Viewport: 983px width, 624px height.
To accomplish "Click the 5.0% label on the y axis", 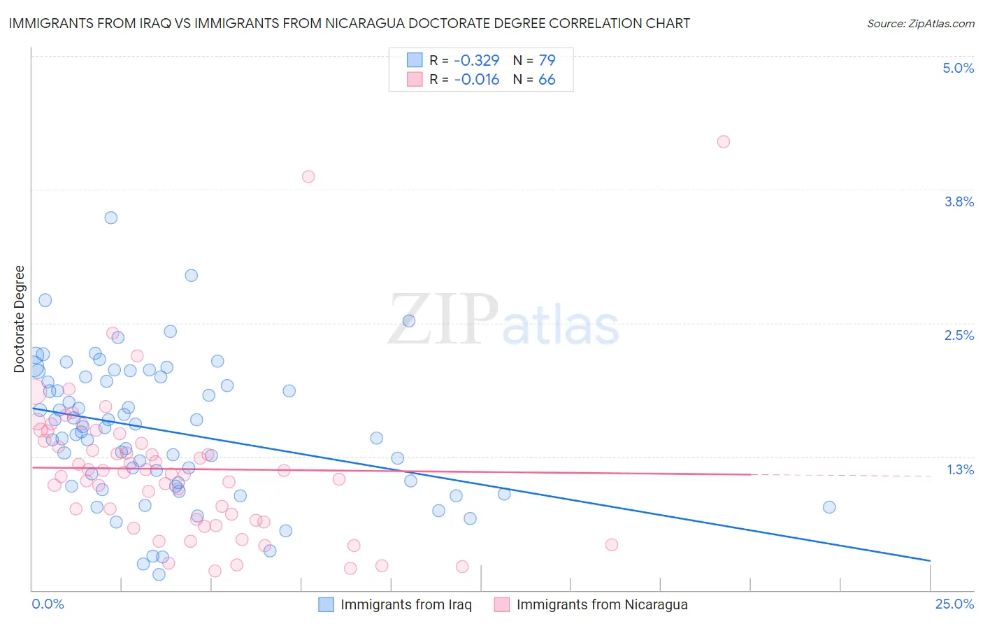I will [958, 68].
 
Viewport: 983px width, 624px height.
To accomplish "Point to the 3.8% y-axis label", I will [959, 201].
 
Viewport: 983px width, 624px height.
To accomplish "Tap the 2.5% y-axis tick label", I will [959, 335].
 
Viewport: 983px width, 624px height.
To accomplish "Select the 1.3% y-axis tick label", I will [960, 469].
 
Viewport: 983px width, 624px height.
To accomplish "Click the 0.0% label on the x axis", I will [48, 604].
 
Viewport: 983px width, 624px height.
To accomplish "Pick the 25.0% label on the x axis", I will [954, 604].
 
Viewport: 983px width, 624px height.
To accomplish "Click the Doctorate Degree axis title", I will [19, 319].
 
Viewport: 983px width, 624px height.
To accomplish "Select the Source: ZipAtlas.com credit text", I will [920, 23].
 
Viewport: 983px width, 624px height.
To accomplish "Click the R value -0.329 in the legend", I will [476, 60].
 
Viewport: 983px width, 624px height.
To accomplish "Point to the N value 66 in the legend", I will [547, 80].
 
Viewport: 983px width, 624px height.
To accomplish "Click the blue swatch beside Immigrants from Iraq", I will [326, 604].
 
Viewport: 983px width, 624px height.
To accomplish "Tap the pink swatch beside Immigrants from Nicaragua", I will [502, 604].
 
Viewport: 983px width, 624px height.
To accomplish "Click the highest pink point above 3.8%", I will [724, 142].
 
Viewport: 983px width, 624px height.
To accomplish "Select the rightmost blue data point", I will [829, 507].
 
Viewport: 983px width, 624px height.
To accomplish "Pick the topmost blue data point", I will [110, 218].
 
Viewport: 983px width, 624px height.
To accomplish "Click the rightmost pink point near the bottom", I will [612, 545].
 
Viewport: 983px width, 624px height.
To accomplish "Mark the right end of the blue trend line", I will [930, 560].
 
